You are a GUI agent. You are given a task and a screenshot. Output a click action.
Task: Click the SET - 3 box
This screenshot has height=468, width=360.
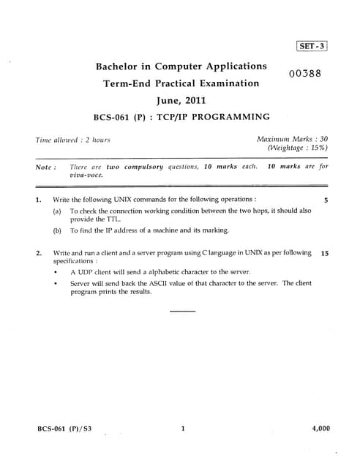point(312,45)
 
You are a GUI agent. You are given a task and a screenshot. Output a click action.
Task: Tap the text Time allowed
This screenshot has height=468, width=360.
point(58,140)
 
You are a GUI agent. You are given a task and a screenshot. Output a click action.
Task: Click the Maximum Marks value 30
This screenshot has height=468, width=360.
point(323,138)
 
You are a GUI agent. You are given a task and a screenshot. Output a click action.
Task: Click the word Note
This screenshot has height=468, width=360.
point(45,167)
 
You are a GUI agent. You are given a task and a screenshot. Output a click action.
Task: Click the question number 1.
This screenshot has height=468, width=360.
point(38,199)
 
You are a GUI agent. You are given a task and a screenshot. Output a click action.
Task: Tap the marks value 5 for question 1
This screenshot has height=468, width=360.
point(326,199)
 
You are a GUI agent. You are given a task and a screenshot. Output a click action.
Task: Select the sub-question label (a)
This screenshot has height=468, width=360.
point(57,211)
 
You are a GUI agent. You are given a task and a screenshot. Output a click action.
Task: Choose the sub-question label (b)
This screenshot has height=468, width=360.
point(57,230)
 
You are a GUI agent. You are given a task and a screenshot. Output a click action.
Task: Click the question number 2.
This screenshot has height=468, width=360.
point(38,253)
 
